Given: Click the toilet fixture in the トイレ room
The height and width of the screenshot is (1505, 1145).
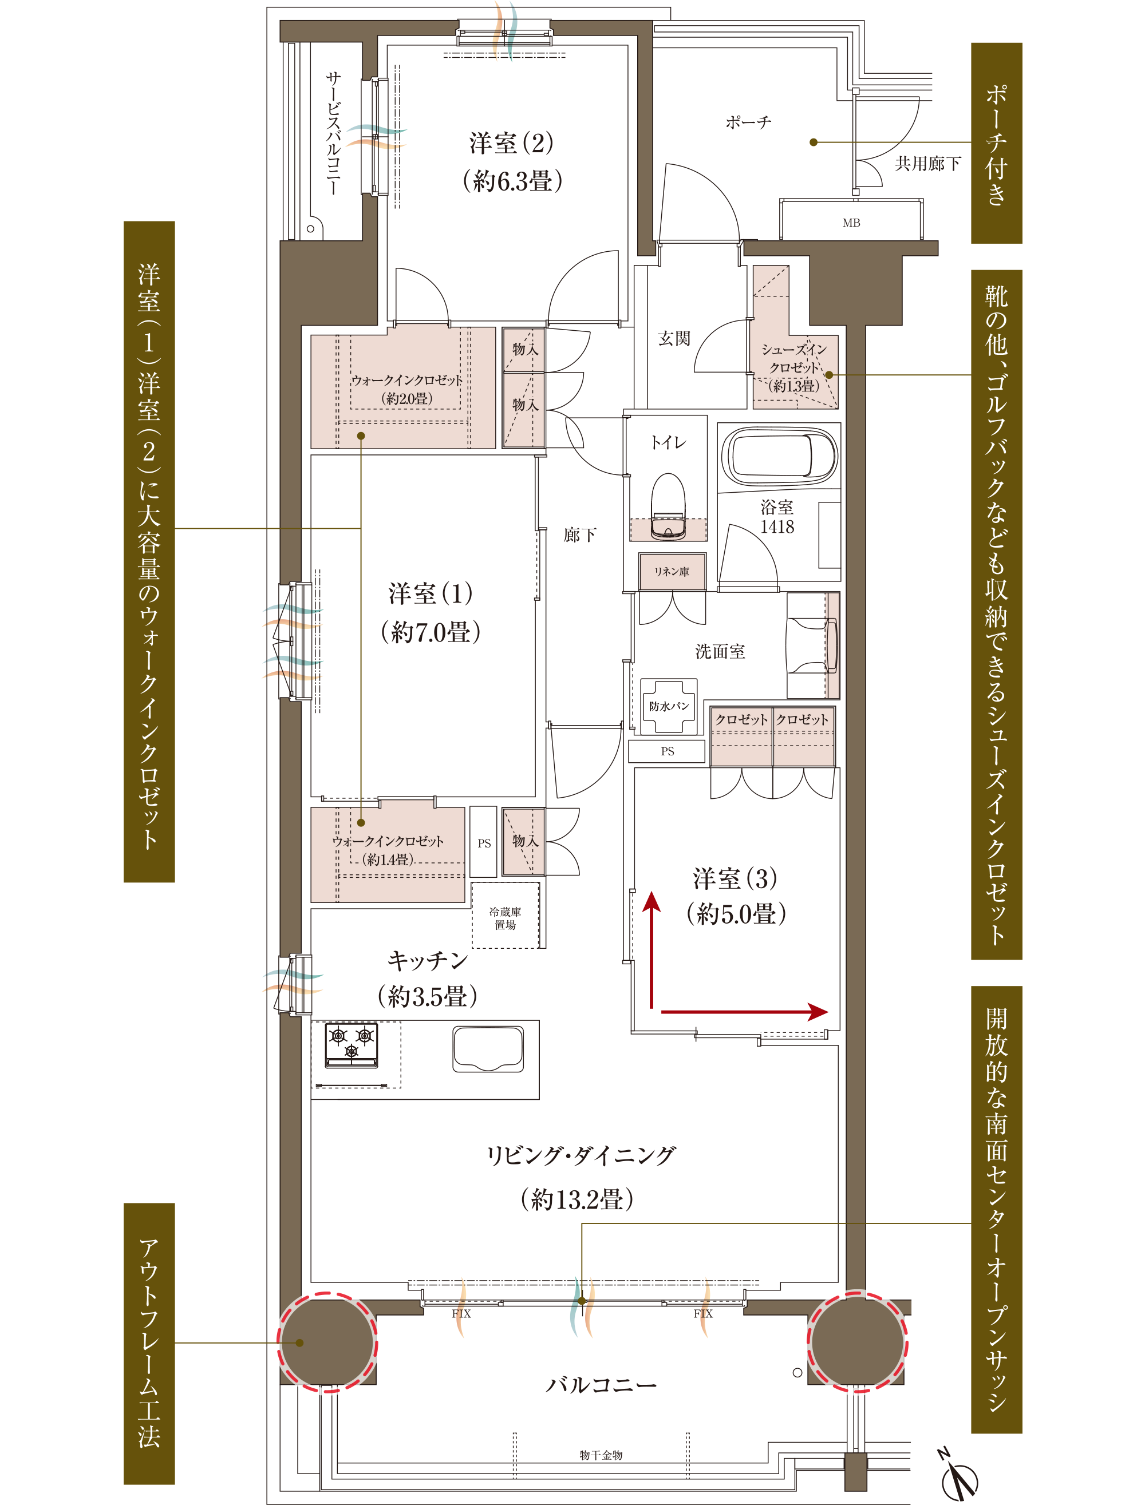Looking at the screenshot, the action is pyautogui.click(x=668, y=505).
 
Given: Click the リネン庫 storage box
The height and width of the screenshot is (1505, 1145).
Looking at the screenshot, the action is pyautogui.click(x=672, y=571).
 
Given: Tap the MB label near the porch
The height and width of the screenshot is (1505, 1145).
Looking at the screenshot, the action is pyautogui.click(x=851, y=223).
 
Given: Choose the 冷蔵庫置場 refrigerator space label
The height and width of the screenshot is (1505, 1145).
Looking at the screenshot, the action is pyautogui.click(x=505, y=918).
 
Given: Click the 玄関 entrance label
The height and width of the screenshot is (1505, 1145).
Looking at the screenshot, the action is pyautogui.click(x=674, y=338).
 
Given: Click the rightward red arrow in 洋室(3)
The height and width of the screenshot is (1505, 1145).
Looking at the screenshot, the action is pyautogui.click(x=744, y=1012).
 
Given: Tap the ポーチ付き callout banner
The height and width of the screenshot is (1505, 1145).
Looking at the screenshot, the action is pyautogui.click(x=996, y=143).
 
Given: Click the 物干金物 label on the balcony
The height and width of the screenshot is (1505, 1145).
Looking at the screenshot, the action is pyautogui.click(x=601, y=1455).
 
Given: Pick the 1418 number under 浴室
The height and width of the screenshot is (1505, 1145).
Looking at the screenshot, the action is pyautogui.click(x=777, y=526).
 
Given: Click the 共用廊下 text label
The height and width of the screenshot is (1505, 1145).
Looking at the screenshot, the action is pyautogui.click(x=927, y=164).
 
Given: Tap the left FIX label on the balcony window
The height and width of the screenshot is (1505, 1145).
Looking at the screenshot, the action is pyautogui.click(x=461, y=1313).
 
